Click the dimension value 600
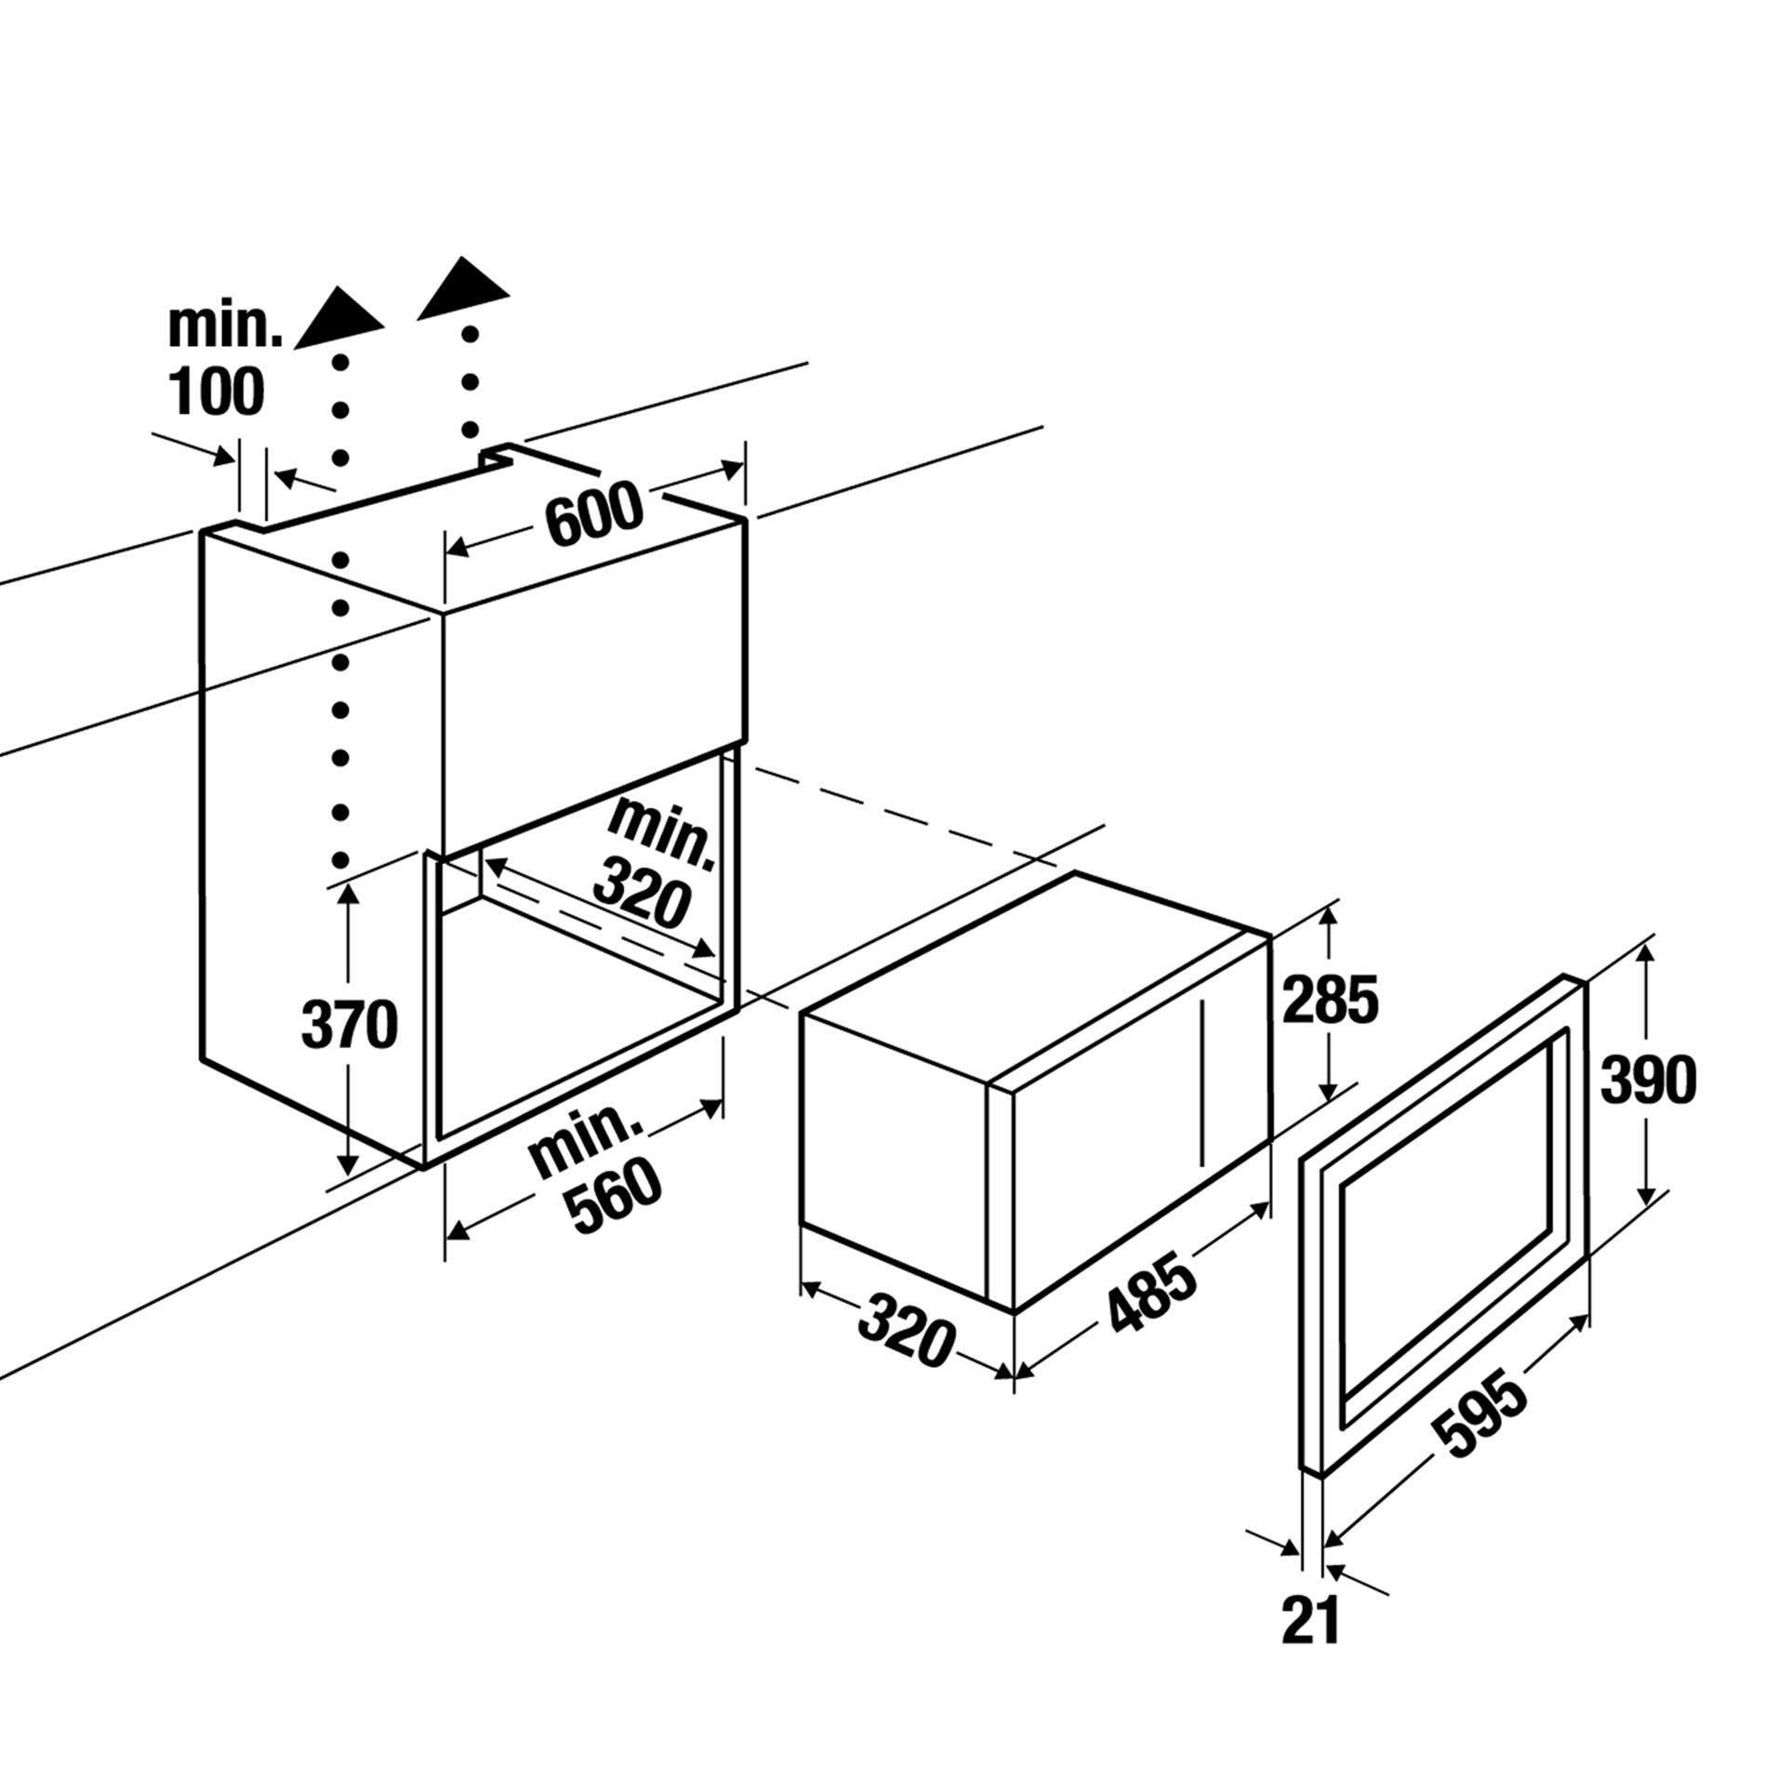(594, 512)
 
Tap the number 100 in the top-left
(217, 391)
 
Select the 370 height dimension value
(350, 1026)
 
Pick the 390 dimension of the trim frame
(1648, 1081)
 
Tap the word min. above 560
(587, 1134)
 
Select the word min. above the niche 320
(662, 834)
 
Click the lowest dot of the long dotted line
(341, 859)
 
